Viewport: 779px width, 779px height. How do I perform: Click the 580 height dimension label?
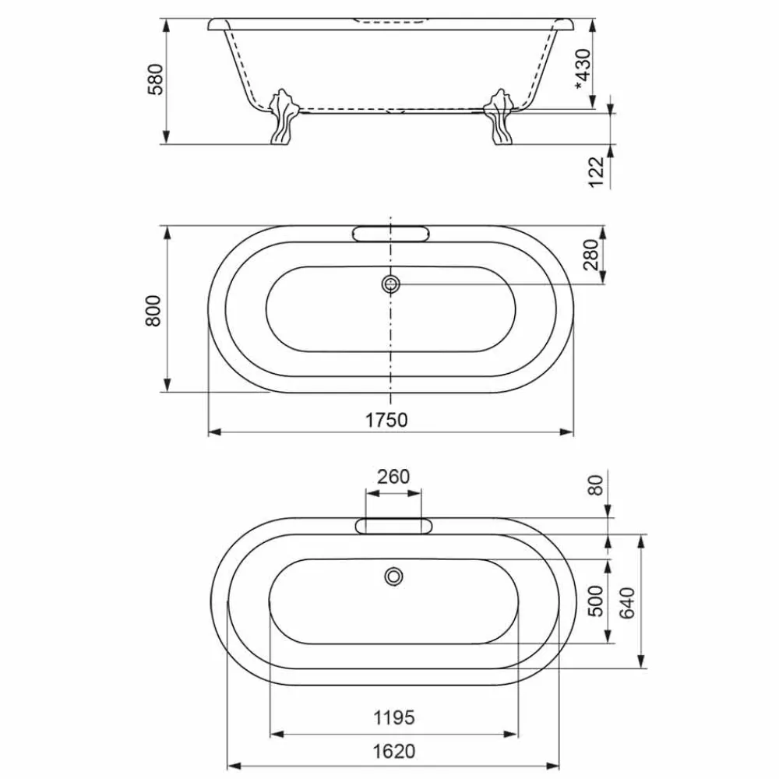[156, 79]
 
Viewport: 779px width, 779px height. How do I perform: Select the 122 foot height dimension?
[596, 172]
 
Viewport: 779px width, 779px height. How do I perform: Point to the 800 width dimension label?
[153, 311]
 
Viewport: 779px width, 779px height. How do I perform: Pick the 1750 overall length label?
[386, 421]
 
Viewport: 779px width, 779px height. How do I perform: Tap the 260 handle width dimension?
[393, 477]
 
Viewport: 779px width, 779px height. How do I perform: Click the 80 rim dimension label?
[596, 485]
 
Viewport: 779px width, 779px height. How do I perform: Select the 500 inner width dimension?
[596, 601]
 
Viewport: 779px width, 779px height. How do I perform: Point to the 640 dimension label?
[627, 602]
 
